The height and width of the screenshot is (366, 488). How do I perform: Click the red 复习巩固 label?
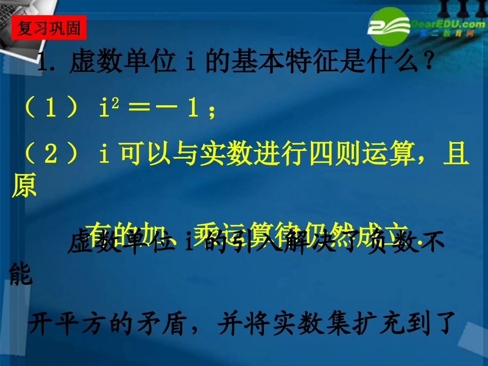49,29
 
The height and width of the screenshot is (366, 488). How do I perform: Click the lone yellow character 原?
24,188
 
